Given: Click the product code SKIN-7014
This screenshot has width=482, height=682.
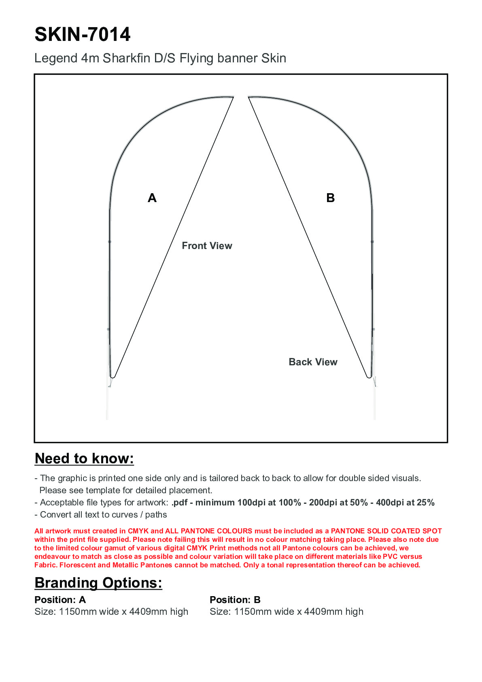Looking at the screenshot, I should tap(83, 34).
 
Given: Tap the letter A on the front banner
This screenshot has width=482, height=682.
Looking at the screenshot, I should tap(152, 198).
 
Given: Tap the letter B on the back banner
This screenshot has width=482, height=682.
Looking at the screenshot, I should tap(330, 198).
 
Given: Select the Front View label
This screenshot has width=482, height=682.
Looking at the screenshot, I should tap(207, 246).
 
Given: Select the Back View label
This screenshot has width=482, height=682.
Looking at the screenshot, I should tap(313, 362).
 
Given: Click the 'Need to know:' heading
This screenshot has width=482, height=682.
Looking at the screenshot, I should tap(84, 458).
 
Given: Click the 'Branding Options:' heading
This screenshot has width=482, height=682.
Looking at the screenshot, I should tap(98, 583).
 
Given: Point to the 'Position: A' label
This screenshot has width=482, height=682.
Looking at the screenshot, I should tap(60, 600).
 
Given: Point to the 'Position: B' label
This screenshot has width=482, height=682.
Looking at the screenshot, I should tap(235, 600).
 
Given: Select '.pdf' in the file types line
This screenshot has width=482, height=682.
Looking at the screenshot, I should tap(179, 503).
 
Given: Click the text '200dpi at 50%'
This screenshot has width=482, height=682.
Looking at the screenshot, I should tap(338, 503).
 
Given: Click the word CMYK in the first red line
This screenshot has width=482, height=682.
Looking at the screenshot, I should tap(138, 531).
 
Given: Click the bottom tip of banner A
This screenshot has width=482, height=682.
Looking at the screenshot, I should tap(113, 377).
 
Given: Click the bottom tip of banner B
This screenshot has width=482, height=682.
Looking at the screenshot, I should tap(369, 377).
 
